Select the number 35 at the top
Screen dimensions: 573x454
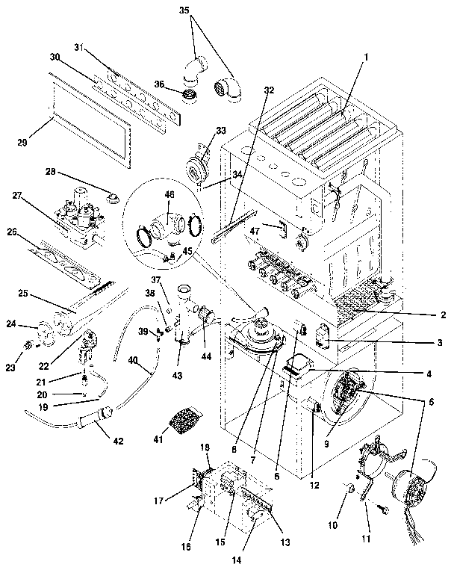[185, 11]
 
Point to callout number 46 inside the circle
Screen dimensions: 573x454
[170, 194]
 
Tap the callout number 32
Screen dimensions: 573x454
[269, 90]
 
